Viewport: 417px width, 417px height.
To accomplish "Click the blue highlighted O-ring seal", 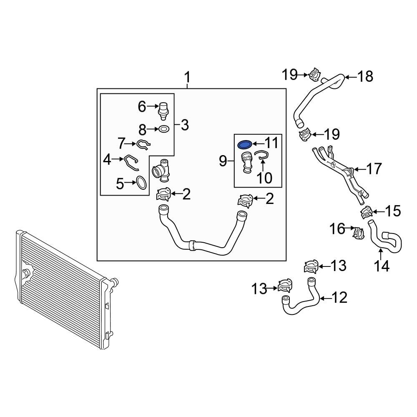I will pos(245,145).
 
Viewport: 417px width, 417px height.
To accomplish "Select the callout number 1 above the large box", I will pos(187,78).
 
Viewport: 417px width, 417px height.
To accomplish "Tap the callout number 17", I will pos(374,169).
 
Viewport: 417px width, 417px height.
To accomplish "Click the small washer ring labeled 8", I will pos(164,129).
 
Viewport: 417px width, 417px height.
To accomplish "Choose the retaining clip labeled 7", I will pos(143,144).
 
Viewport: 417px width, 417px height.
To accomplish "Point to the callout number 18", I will pos(365,76).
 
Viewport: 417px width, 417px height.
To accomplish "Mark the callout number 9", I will pos(223,160).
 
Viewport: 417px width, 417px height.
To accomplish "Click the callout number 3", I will pos(185,124).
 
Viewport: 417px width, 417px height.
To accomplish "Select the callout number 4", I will pos(108,159).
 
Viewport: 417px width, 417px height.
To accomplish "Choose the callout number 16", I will pos(337,229).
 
